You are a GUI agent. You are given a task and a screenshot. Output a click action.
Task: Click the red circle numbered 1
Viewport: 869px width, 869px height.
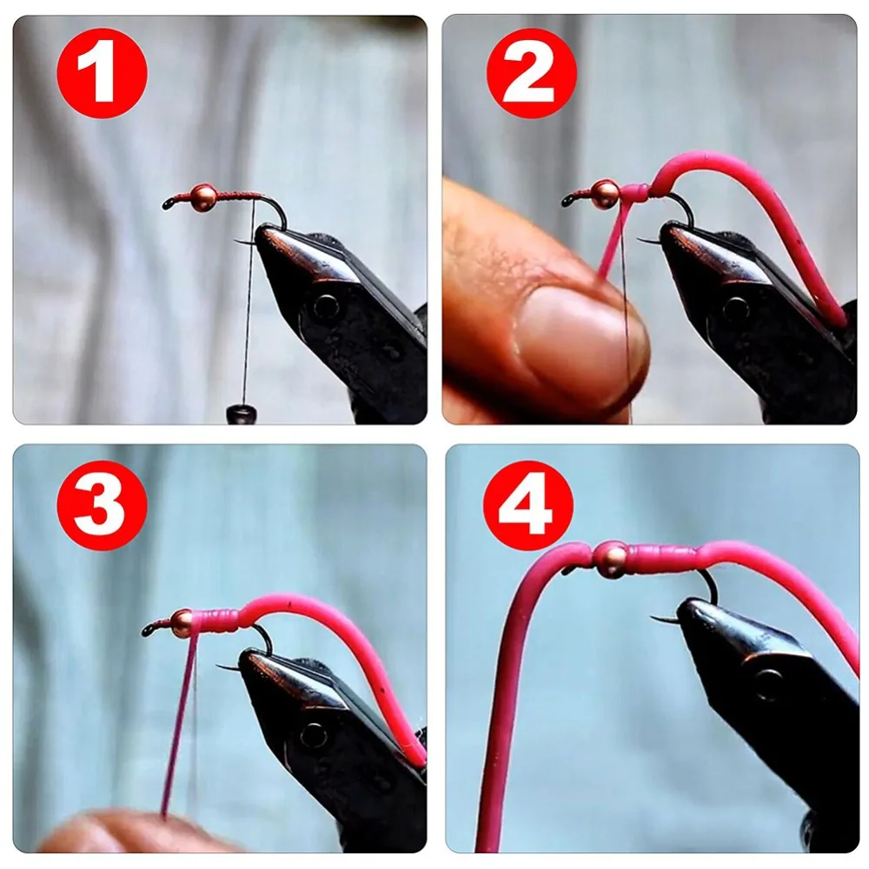click(x=102, y=73)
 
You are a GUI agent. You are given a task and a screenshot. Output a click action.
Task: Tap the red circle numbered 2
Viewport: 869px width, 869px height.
click(x=532, y=73)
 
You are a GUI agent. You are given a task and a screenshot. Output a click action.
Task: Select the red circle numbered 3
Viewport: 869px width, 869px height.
click(x=102, y=505)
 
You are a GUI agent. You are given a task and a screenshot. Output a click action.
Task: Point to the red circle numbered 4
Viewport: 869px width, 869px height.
click(x=528, y=505)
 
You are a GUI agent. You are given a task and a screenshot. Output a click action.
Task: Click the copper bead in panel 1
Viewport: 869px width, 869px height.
click(x=203, y=197)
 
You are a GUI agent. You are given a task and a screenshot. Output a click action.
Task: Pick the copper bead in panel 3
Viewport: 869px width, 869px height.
click(x=182, y=622)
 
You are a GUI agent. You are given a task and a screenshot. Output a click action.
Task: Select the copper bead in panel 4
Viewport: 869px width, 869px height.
click(x=611, y=559)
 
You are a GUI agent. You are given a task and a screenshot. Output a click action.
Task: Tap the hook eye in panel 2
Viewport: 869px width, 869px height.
click(x=567, y=202)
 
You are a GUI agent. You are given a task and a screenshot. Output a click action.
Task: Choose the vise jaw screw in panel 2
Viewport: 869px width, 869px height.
click(x=735, y=308)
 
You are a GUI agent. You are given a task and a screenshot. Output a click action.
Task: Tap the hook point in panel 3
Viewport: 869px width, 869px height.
click(x=217, y=666)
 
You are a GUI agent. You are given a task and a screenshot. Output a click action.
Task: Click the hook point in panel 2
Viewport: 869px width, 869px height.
click(x=639, y=240)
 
